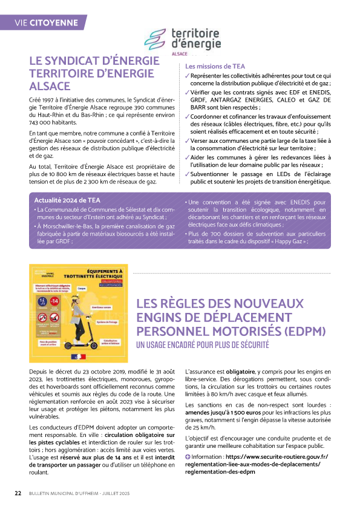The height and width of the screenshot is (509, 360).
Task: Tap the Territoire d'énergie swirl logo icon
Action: point(155,41)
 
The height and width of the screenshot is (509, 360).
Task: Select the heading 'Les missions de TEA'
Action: point(215,67)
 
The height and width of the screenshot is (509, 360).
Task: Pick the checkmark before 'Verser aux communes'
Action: point(188,141)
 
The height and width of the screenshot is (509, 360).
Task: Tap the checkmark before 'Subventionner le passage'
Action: point(188,174)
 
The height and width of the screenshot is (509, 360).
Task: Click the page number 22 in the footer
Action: point(18,493)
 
